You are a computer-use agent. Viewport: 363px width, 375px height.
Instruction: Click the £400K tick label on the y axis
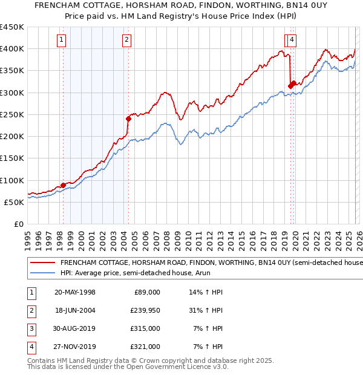point(12,49)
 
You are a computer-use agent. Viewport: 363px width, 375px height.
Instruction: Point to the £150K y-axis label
point(12,158)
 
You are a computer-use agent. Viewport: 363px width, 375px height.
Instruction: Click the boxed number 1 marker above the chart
point(62,41)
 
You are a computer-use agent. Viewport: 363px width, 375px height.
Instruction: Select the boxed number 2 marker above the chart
point(127,41)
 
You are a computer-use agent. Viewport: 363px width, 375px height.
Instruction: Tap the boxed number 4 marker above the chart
point(292,41)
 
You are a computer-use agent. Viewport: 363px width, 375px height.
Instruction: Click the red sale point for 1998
point(63,185)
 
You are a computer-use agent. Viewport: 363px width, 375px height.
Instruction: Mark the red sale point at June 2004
point(128,119)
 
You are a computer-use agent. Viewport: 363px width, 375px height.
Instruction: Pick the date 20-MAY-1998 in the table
point(75,292)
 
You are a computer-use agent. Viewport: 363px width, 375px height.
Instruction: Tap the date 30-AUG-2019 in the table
point(75,328)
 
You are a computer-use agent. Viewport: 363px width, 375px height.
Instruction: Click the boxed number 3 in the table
point(30,328)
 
